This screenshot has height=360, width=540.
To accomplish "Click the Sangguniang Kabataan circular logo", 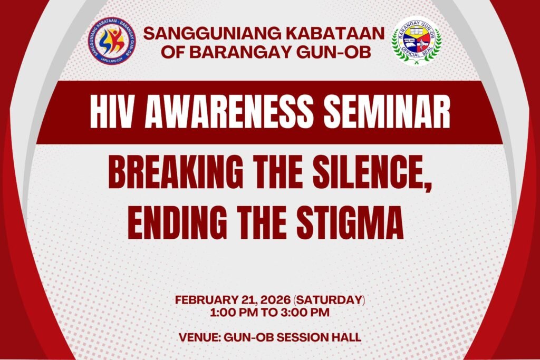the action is pos(112,41).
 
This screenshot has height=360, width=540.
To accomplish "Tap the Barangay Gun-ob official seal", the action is pos(417,41).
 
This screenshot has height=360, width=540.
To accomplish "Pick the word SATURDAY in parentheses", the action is pos(329,300).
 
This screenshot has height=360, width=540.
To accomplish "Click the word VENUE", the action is pos(199,337).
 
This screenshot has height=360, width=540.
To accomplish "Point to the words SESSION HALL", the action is pos(319,337).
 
